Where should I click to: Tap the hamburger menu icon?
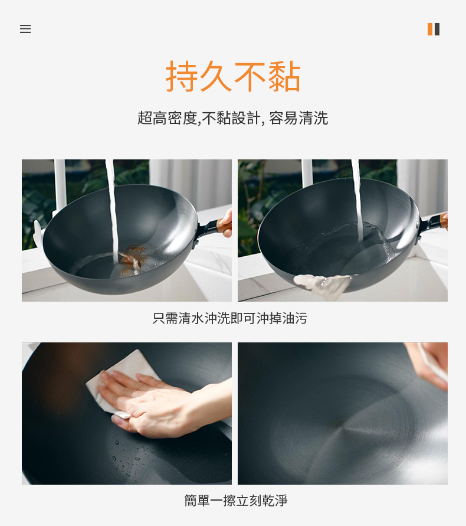pyautogui.click(x=25, y=29)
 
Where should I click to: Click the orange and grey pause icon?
pyautogui.click(x=433, y=29)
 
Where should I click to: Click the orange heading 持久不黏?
pyautogui.click(x=233, y=77)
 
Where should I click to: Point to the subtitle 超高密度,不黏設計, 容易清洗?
pyautogui.click(x=232, y=118)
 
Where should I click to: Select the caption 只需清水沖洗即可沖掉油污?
pyautogui.click(x=230, y=318)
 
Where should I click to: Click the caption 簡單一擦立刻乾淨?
pyautogui.click(x=236, y=500)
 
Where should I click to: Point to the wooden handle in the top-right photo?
pyautogui.click(x=443, y=221)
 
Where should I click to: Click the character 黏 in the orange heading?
pyautogui.click(x=284, y=77)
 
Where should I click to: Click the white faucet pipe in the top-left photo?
pyautogui.click(x=60, y=188)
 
